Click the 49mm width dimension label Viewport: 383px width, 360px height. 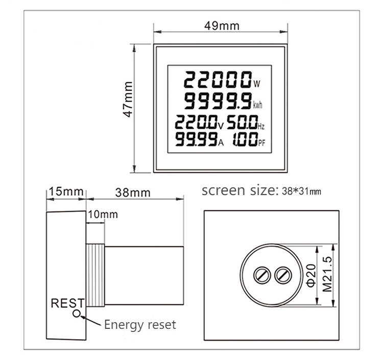pos(222,26)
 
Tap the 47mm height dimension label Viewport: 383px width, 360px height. pos(128,99)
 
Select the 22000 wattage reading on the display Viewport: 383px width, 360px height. pos(218,80)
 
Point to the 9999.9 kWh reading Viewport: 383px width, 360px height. pos(218,101)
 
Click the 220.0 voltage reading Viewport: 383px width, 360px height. pos(196,122)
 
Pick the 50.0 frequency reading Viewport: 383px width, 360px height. pos(243,122)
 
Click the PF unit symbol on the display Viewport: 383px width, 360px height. pos(261,143)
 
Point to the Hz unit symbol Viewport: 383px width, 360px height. pos(261,126)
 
